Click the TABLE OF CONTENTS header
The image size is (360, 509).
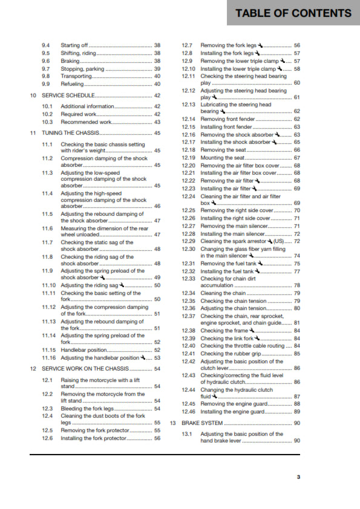point(293,13)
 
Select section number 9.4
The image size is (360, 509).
point(46,45)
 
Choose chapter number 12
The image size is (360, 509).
point(33,368)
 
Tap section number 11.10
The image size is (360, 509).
point(49,285)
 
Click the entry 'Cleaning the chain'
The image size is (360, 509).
point(223,293)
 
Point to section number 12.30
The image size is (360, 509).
point(189,248)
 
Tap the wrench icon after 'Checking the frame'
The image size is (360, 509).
point(251,331)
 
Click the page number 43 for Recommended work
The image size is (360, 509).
point(157,122)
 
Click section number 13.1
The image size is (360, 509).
point(189,434)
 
